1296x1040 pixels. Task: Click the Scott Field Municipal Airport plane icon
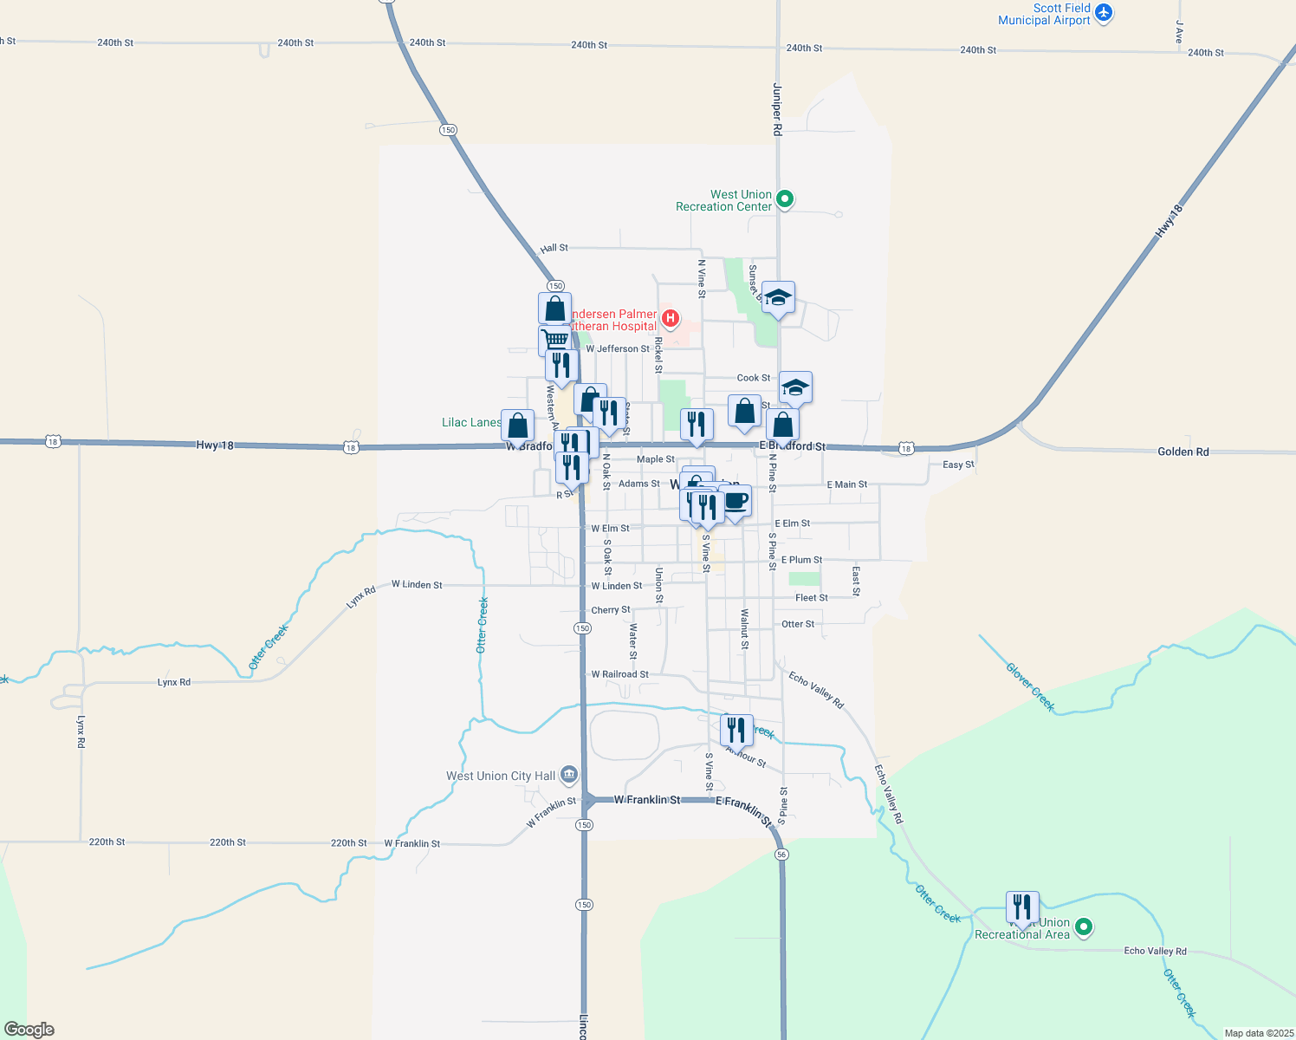point(1103,13)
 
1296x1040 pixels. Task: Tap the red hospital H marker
point(670,318)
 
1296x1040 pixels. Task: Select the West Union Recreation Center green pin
point(785,199)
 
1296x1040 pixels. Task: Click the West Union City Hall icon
point(569,774)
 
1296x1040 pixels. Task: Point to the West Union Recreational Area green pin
point(1083,928)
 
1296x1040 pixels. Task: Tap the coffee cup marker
point(735,501)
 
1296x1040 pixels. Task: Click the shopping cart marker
point(554,339)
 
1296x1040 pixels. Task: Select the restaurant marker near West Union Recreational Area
point(1022,907)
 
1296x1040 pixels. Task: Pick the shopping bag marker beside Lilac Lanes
point(517,426)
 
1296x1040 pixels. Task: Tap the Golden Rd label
point(1183,452)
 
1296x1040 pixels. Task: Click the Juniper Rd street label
point(777,109)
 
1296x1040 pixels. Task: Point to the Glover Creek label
point(1030,687)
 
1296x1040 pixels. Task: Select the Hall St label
point(554,248)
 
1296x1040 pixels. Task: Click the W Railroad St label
point(619,674)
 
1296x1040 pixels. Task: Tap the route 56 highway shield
point(782,855)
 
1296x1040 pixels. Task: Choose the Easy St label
point(958,465)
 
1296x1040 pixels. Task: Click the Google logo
point(29,1030)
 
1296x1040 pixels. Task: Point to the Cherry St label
point(611,610)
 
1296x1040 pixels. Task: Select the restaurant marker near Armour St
point(736,730)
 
